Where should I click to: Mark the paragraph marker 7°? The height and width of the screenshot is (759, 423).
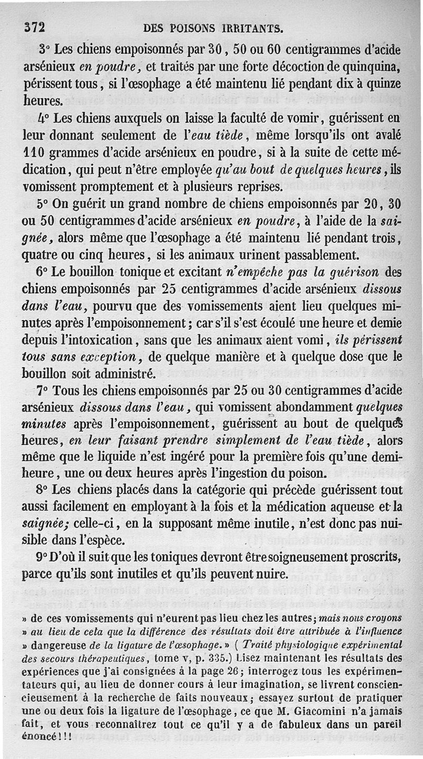[x=44, y=391]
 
